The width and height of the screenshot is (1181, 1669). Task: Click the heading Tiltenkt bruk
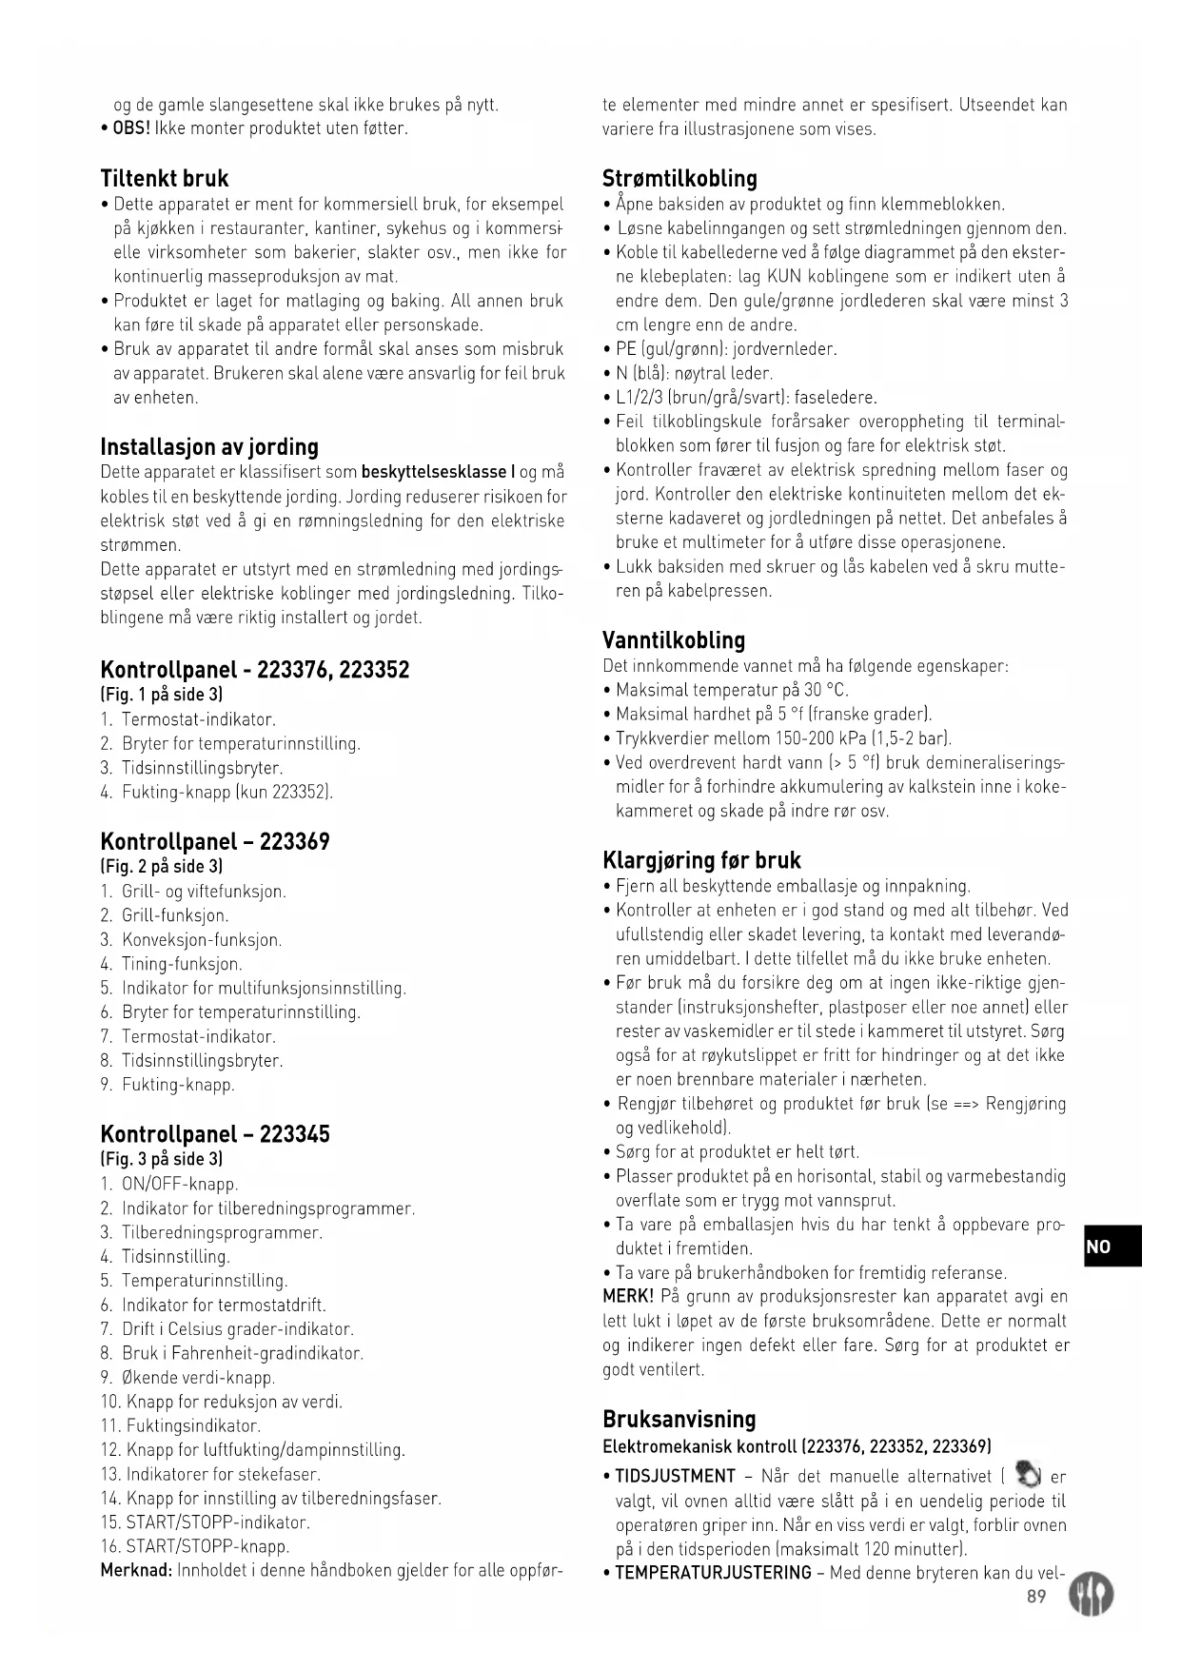[x=165, y=179]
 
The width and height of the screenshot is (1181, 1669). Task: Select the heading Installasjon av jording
[x=209, y=447]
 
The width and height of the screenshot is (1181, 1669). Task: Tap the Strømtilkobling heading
[x=679, y=179]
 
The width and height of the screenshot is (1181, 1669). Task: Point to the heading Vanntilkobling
[x=674, y=640]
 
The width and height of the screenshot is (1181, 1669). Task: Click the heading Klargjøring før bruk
[x=701, y=860]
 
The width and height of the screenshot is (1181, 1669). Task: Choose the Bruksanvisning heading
[x=679, y=1420]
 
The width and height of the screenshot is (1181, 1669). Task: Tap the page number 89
[x=1036, y=1596]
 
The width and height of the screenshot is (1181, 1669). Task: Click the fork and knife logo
[x=1091, y=1593]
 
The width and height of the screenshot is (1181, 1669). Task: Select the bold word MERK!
[x=628, y=1297]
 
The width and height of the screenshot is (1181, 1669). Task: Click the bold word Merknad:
[x=135, y=1570]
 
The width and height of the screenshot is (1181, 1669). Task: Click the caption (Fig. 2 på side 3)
[x=162, y=867]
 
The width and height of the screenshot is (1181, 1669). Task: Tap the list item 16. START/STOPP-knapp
[x=195, y=1546]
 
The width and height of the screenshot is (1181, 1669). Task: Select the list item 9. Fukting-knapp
[x=167, y=1085]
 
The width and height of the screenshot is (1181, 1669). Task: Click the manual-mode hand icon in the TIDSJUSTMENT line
[x=1027, y=1474]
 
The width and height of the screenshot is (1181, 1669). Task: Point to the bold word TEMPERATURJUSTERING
[x=713, y=1572]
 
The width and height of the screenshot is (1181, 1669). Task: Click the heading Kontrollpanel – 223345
[x=215, y=1134]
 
